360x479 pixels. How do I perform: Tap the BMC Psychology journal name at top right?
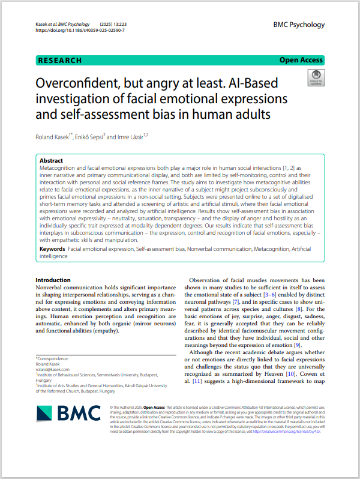click(299, 25)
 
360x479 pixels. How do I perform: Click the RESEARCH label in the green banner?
click(59, 60)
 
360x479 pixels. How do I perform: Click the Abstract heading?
click(51, 161)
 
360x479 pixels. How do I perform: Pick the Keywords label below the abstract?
click(52, 248)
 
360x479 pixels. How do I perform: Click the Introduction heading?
click(53, 280)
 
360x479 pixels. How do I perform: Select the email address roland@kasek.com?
click(52, 369)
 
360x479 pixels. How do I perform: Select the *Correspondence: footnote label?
click(53, 358)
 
